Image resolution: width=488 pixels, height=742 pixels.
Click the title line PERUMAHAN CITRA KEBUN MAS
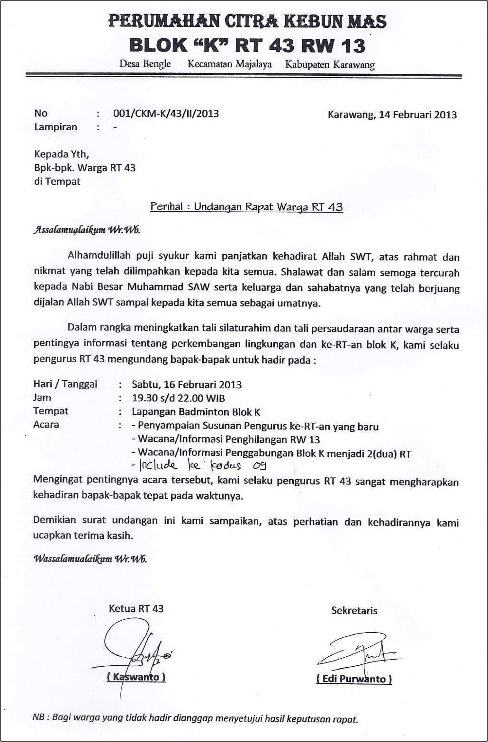(x=247, y=21)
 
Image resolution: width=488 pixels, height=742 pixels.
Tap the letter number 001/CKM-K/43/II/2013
(x=166, y=113)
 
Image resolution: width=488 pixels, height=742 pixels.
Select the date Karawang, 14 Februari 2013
(x=392, y=114)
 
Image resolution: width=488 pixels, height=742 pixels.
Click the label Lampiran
(x=55, y=127)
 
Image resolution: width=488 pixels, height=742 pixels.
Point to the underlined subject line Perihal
(x=246, y=207)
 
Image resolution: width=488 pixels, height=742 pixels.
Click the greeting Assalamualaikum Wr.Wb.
(x=87, y=231)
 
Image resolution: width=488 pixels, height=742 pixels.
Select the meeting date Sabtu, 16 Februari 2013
(x=187, y=384)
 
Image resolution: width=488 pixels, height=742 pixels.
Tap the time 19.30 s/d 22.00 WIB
(x=179, y=398)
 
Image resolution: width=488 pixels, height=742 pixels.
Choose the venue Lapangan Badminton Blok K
(x=196, y=411)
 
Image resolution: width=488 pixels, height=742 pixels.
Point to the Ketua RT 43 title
(x=136, y=608)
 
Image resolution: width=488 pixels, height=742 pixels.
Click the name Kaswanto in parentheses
(x=136, y=677)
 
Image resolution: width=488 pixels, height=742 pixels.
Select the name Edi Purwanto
(x=354, y=679)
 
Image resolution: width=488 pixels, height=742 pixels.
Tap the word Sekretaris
(x=354, y=610)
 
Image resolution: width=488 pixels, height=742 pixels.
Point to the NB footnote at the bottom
(x=195, y=718)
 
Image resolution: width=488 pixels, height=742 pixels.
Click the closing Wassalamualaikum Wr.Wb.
(x=90, y=558)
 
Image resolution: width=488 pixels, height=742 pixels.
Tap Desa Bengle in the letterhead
(x=145, y=63)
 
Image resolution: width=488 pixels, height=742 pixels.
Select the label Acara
(x=46, y=424)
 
